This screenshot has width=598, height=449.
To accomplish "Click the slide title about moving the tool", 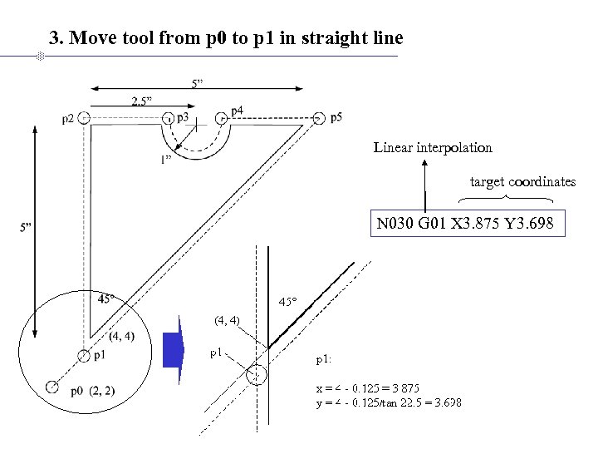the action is click(226, 38).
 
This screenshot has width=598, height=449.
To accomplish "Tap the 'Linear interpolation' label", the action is click(433, 148).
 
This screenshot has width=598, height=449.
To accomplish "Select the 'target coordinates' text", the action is click(522, 181).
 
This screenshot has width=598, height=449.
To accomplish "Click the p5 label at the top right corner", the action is click(336, 117).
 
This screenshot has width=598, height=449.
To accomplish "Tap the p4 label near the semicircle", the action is click(237, 110).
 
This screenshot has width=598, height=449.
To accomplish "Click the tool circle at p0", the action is click(51, 387).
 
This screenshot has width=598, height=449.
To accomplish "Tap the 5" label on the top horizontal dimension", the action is click(199, 82).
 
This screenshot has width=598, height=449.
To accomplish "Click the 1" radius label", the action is click(167, 160).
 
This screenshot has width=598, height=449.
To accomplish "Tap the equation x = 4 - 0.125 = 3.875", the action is click(366, 388).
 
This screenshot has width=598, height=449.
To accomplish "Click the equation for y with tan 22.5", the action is click(388, 402).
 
